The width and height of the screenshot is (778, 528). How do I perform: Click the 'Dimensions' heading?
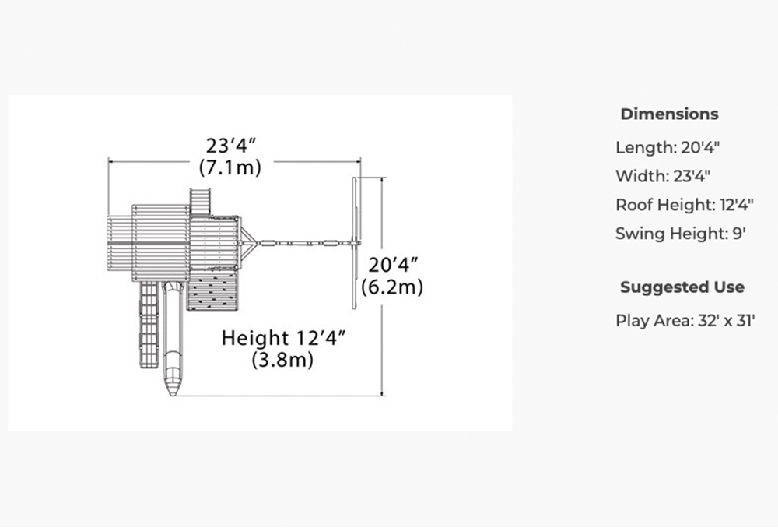pyautogui.click(x=669, y=114)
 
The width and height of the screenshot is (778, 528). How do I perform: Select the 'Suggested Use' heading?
pyautogui.click(x=682, y=287)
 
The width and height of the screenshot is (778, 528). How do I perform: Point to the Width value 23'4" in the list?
pyautogui.click(x=692, y=176)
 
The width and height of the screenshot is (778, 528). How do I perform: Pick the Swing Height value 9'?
pyautogui.click(x=739, y=233)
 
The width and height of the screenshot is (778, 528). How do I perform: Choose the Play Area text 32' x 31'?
pyautogui.click(x=726, y=320)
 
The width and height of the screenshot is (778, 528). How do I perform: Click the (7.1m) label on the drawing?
pyautogui.click(x=230, y=167)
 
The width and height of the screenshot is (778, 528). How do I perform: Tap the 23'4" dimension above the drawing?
pyautogui.click(x=231, y=146)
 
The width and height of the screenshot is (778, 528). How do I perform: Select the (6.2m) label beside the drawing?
pyautogui.click(x=392, y=287)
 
